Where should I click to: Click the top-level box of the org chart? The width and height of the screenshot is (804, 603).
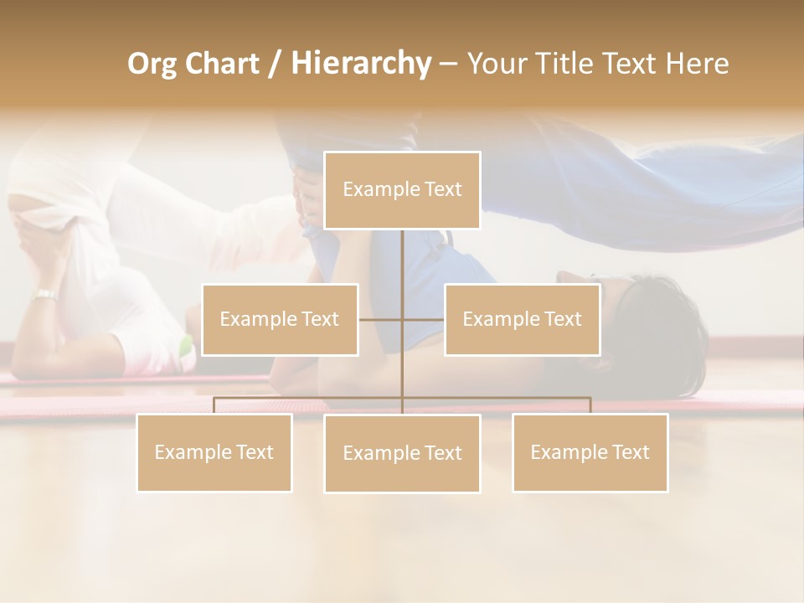402,190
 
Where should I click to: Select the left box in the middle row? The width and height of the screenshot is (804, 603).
280,319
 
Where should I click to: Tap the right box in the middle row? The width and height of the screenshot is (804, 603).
522,319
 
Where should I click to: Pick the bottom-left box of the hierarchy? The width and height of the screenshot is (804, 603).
214,452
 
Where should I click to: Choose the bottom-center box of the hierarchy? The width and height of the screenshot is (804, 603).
402,453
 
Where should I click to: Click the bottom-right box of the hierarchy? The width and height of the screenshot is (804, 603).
590,452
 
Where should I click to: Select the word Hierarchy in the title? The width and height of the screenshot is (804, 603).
360,64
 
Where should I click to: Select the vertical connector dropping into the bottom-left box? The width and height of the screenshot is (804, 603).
214,405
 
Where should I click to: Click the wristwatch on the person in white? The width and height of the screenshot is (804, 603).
45,295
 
